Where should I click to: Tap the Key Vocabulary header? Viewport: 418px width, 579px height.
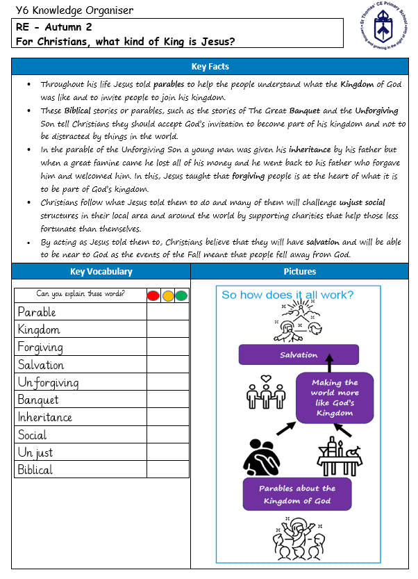click(101, 272)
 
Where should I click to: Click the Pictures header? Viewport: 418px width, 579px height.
click(300, 272)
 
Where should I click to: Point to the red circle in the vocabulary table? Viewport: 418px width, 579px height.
click(153, 295)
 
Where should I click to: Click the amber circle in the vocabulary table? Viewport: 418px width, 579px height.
click(167, 295)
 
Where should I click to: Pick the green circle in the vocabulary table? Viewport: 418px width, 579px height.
click(181, 295)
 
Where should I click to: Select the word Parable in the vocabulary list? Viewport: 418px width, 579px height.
click(37, 312)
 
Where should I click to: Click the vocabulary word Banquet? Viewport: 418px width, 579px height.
click(38, 400)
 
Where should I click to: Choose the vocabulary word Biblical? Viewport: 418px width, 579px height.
click(35, 470)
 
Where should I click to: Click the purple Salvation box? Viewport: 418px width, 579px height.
click(299, 354)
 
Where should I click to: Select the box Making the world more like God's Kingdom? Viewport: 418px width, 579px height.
click(335, 398)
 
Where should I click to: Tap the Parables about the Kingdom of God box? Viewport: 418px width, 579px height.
click(296, 494)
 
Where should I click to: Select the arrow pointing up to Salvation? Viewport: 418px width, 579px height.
click(331, 364)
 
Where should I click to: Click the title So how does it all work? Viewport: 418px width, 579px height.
click(287, 295)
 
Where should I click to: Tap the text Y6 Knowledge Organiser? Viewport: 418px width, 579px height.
click(74, 10)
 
